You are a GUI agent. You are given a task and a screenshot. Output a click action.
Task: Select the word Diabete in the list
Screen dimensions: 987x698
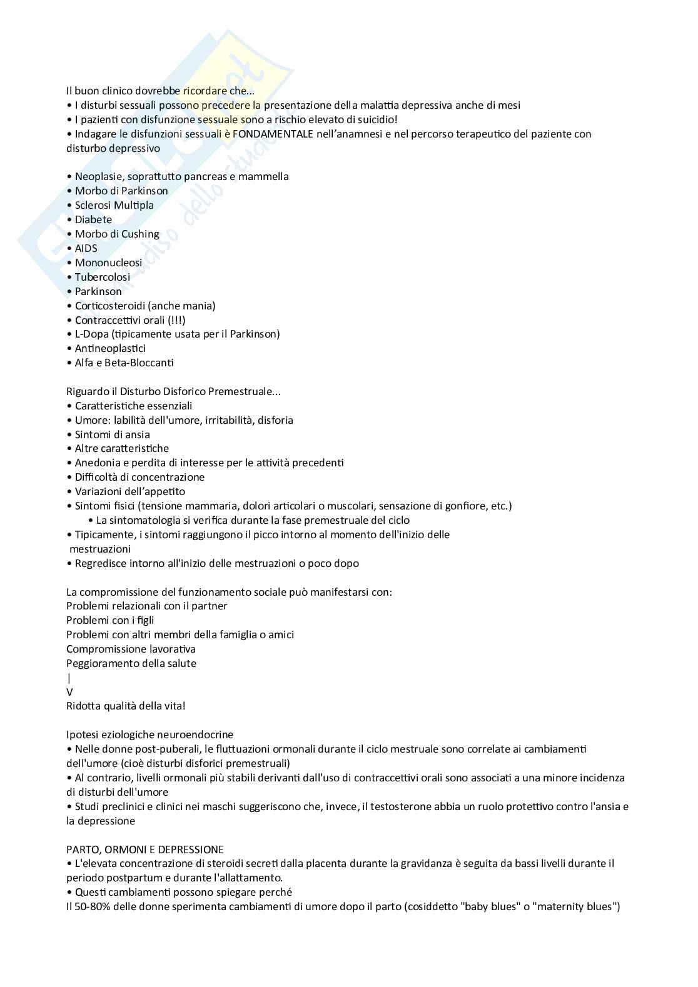point(93,219)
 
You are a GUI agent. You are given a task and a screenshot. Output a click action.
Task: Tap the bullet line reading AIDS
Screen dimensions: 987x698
point(86,248)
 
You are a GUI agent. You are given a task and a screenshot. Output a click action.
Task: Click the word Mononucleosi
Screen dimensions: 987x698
point(108,263)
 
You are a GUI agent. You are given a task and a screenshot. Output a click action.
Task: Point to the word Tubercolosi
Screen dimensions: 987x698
point(103,277)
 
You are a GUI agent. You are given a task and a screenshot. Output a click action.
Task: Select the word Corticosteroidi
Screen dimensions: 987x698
point(110,306)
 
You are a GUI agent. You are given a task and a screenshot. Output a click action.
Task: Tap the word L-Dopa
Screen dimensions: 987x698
point(88,334)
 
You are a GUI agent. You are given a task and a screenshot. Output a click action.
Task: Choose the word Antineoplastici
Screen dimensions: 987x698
point(110,348)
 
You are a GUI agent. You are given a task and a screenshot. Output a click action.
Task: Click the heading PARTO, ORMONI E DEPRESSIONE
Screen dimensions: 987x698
point(144,849)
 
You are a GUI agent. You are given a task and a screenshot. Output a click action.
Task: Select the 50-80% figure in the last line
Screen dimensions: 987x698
point(91,906)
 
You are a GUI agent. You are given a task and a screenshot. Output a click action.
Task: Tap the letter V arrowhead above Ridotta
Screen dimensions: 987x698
point(69,692)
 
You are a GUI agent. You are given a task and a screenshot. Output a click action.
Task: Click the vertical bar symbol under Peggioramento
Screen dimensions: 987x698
point(69,678)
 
